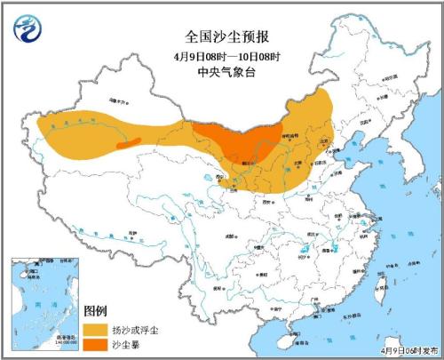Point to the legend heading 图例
tap(95, 310)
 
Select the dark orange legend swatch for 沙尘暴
tap(97, 345)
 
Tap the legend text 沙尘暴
tap(126, 345)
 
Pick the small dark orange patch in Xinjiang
tap(129, 142)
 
